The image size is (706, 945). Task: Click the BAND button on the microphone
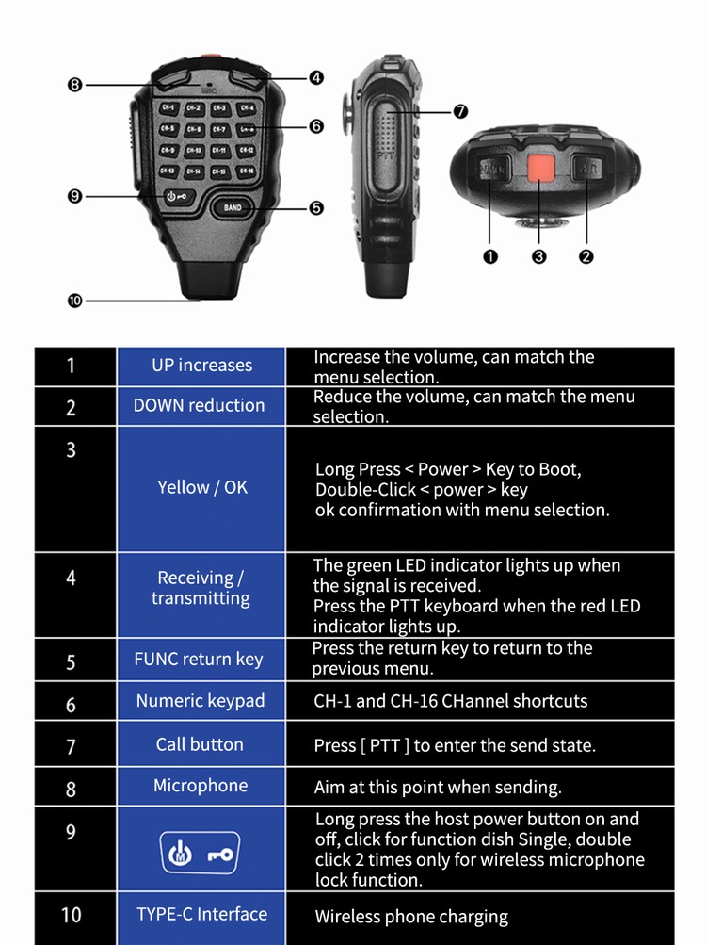click(233, 206)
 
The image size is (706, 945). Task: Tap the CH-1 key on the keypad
click(168, 109)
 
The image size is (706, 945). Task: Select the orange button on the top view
click(539, 168)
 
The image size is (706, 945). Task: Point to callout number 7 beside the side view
click(460, 111)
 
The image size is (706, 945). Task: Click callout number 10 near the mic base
click(75, 301)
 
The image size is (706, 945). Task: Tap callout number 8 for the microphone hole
click(75, 85)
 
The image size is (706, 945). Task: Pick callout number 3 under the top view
click(539, 256)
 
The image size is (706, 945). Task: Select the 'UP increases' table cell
click(201, 366)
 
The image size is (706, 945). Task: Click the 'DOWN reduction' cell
click(200, 405)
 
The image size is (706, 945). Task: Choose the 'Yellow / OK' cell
click(201, 487)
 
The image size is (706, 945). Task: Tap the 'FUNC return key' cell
click(199, 659)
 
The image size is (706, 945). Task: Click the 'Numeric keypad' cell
click(201, 700)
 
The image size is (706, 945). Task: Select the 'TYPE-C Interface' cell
click(201, 914)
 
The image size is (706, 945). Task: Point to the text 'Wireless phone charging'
click(410, 917)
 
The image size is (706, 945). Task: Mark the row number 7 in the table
click(71, 746)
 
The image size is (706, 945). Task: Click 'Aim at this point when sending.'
click(437, 788)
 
